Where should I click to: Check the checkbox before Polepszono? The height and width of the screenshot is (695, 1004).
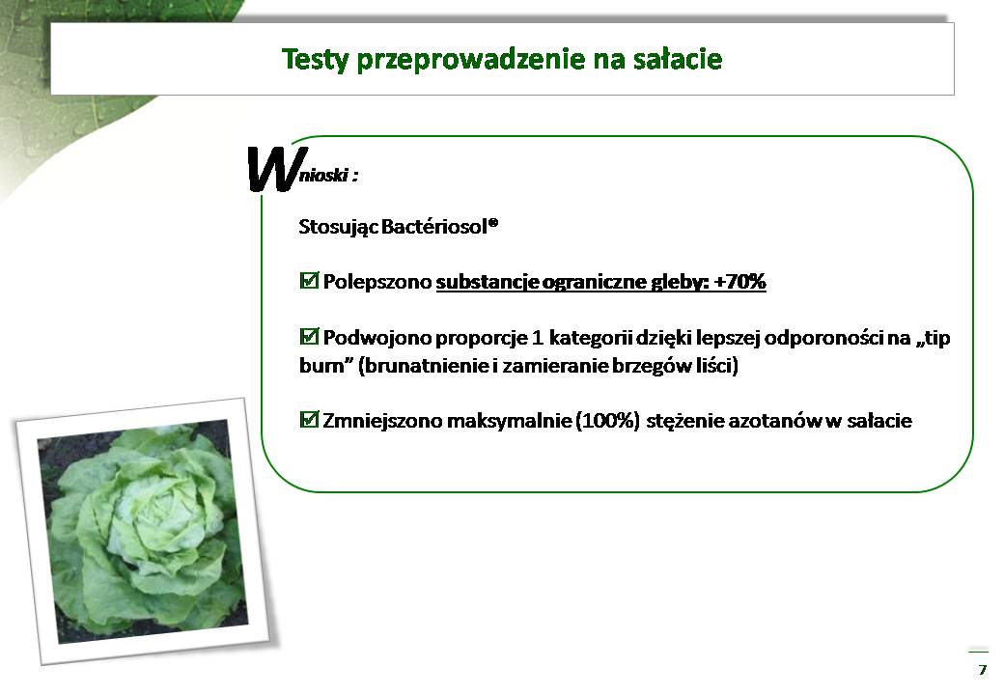(x=309, y=280)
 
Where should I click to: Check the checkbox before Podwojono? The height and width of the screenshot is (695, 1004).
(x=309, y=336)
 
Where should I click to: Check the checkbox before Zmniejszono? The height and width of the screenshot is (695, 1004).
(x=309, y=420)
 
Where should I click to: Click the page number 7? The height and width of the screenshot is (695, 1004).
(x=983, y=670)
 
